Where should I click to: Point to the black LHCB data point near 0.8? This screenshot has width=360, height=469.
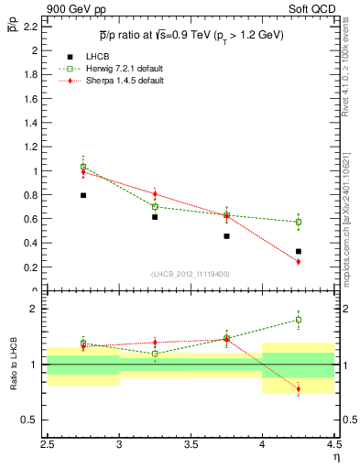83,195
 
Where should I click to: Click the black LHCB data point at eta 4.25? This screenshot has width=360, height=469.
299,251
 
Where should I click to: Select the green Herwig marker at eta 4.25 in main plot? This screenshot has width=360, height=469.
299,222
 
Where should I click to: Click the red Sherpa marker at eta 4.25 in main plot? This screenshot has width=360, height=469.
299,262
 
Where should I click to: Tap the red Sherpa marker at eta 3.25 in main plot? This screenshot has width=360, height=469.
155,194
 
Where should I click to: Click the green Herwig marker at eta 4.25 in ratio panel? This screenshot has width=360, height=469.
299,320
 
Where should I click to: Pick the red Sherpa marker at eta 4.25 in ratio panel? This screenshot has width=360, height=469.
299,389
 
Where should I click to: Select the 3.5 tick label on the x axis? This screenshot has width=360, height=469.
191,442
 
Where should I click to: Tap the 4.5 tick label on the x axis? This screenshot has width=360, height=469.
333,442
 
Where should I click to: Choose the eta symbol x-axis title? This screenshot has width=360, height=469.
336,455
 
